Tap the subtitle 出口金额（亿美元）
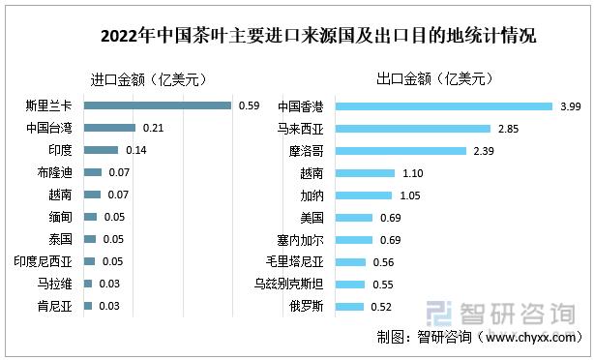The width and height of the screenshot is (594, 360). pos(435,80)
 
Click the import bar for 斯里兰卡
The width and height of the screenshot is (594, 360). pos(158,105)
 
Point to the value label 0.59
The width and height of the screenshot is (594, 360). pos(248,105)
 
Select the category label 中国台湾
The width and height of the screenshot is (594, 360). pos(49,128)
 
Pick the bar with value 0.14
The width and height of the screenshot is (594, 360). pos(102,150)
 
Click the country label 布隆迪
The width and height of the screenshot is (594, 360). pos(54,172)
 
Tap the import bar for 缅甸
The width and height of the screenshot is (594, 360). pos(91,217)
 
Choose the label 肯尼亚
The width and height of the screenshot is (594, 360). pos(54,306)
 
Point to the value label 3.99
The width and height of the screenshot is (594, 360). pos(569,105)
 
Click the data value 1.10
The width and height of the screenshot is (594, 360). pos(409,172)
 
